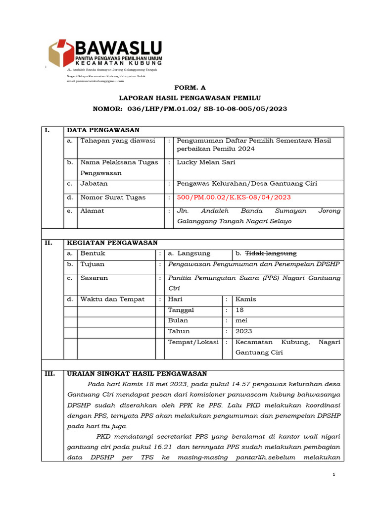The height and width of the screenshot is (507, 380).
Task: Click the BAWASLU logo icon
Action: tap(61, 53)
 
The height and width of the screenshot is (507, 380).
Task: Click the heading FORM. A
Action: tap(190, 86)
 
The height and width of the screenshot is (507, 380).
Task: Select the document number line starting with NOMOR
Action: tap(190, 108)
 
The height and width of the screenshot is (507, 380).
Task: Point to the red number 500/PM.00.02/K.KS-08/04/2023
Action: tap(234, 197)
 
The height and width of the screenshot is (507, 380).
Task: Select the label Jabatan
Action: tap(94, 184)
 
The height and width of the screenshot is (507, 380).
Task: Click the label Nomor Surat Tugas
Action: tap(113, 197)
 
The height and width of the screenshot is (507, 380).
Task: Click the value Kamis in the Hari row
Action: tap(246, 299)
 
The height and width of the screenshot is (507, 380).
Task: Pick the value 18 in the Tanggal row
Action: tap(240, 310)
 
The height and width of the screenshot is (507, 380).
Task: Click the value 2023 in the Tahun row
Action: tap(244, 331)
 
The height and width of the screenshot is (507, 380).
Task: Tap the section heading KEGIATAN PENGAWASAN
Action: tap(112, 243)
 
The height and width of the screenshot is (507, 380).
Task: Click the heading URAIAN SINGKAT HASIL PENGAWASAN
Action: tap(137, 373)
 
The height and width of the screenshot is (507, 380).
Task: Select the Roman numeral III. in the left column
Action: tap(50, 373)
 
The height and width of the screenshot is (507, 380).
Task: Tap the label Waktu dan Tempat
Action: tap(112, 299)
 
